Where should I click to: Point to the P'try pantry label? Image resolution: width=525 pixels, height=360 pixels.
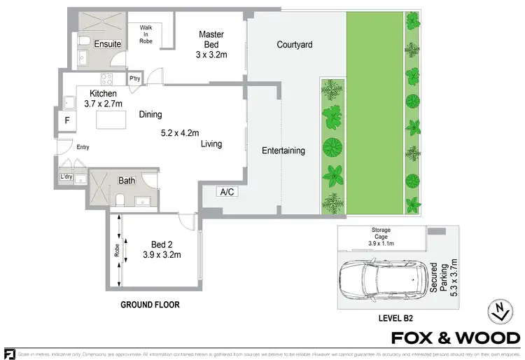point(135,78)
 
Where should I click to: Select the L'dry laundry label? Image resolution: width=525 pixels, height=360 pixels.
point(66,176)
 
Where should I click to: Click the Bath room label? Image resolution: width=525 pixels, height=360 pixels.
point(127,181)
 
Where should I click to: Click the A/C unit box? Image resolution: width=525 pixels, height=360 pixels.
point(227,192)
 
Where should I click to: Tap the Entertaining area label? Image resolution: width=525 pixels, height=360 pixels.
point(283,151)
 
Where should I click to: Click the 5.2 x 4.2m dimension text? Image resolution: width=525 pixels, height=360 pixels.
point(180,132)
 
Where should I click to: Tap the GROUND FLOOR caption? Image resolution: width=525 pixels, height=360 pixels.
point(150,305)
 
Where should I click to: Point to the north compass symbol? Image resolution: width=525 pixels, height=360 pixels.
point(498,312)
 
